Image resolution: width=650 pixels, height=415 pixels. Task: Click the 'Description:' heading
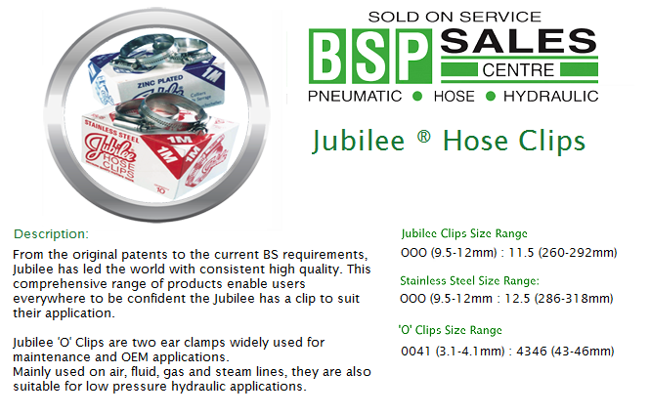(x=51, y=234)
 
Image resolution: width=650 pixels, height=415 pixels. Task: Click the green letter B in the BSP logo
(x=327, y=57)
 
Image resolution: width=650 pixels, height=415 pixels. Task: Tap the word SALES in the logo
(x=518, y=41)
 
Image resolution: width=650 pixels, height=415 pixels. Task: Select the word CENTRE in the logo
(x=518, y=70)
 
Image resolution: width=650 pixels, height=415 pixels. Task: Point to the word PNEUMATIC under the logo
(x=355, y=96)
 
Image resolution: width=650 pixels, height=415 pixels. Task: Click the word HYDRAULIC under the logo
(x=551, y=96)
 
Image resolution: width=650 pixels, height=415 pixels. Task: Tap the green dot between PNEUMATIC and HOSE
(x=417, y=97)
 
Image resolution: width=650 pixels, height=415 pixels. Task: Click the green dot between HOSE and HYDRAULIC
(x=491, y=97)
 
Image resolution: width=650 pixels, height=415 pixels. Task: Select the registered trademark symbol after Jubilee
(x=423, y=136)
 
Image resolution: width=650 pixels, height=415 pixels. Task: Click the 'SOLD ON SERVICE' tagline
(x=455, y=17)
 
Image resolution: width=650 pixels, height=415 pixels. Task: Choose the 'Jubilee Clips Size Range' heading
(x=464, y=233)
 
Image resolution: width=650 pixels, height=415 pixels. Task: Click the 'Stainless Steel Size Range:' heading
(x=470, y=281)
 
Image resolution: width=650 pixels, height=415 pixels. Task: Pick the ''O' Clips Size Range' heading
(x=451, y=330)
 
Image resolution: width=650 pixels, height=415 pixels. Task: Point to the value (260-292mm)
(x=578, y=253)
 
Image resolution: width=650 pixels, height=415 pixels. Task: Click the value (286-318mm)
(x=574, y=299)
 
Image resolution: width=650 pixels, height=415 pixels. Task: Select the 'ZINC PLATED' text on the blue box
(x=160, y=81)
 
